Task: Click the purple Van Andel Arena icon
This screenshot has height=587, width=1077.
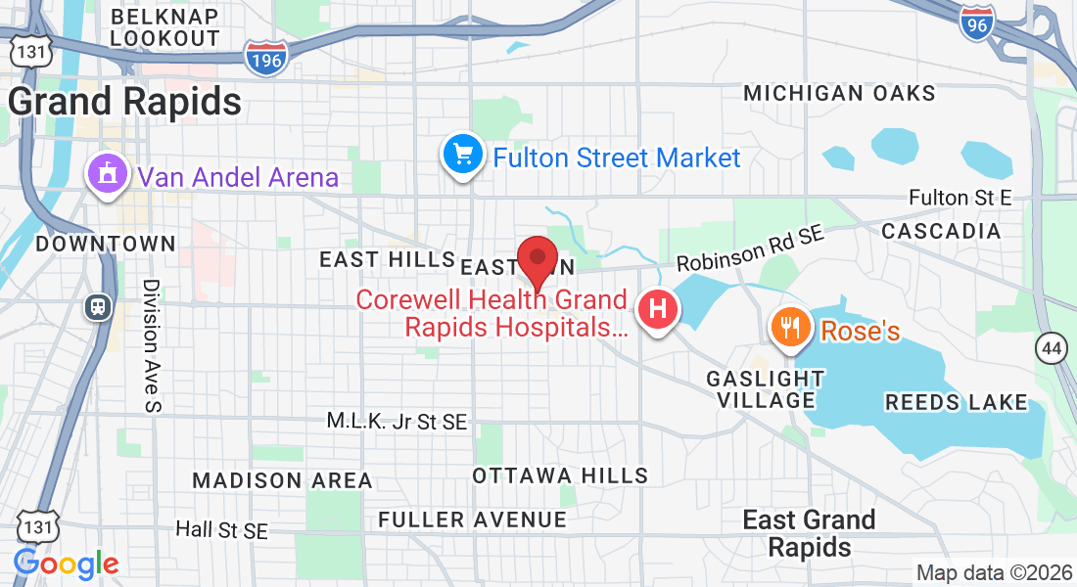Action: tap(108, 173)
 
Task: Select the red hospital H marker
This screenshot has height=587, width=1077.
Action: tap(659, 310)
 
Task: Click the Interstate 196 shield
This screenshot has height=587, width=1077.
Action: tap(265, 58)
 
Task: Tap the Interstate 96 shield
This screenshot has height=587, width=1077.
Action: tap(976, 23)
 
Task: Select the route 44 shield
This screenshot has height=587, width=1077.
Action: tap(1053, 347)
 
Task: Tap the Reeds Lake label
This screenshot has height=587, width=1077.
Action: tap(956, 402)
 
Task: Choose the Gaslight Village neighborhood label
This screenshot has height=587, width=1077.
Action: tap(765, 388)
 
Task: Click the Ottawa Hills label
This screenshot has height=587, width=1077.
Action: tap(560, 475)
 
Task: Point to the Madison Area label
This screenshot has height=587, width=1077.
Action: tap(282, 480)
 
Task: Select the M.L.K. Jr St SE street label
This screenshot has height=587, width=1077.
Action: tap(397, 422)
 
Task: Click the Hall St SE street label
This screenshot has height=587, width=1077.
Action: tap(221, 529)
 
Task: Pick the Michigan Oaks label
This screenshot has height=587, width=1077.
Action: tap(839, 94)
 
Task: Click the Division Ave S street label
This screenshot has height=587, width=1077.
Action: tap(151, 344)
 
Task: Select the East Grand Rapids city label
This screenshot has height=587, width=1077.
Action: tap(809, 532)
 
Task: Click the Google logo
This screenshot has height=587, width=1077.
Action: tap(66, 564)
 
